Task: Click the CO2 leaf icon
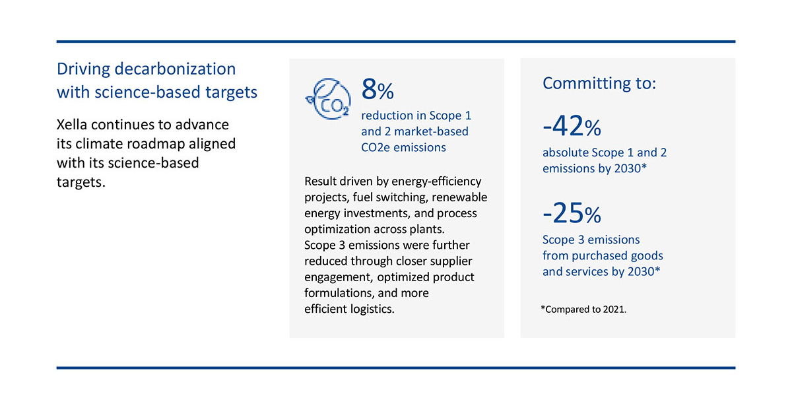point(327,97)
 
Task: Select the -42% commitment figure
point(572,125)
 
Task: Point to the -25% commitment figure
point(572,213)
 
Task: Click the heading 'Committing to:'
point(599,83)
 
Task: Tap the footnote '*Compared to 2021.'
point(583,308)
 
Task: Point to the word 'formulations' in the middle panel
point(335,293)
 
